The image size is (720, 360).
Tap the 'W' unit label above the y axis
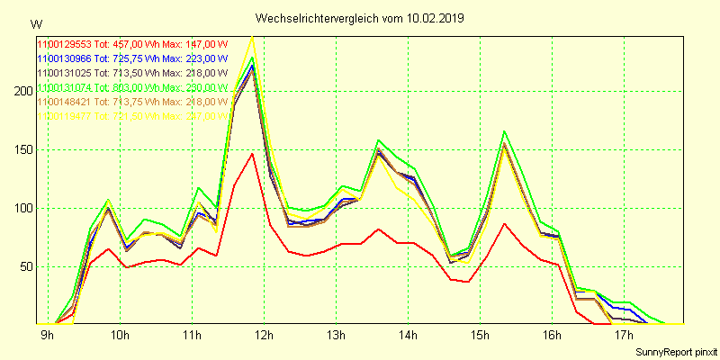coord(35,23)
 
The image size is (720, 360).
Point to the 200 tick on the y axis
coord(20,92)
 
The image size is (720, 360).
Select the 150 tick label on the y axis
coord(20,150)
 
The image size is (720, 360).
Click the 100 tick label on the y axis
coord(20,209)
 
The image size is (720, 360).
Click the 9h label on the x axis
coord(47,336)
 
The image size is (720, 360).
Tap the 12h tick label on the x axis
coord(264,336)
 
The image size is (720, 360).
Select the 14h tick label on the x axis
coord(408,336)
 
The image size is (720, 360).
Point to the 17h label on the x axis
coord(624,336)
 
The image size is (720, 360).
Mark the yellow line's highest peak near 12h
coord(253,37)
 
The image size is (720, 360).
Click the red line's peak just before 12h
coord(253,154)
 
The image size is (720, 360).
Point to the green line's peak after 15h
coord(505,131)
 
